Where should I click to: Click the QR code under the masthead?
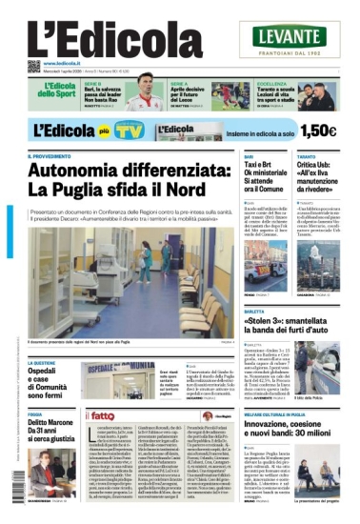pyautogui.click(x=34, y=67)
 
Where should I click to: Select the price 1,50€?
pyautogui.click(x=321, y=131)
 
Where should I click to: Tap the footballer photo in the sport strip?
pyautogui.click(x=146, y=95)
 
